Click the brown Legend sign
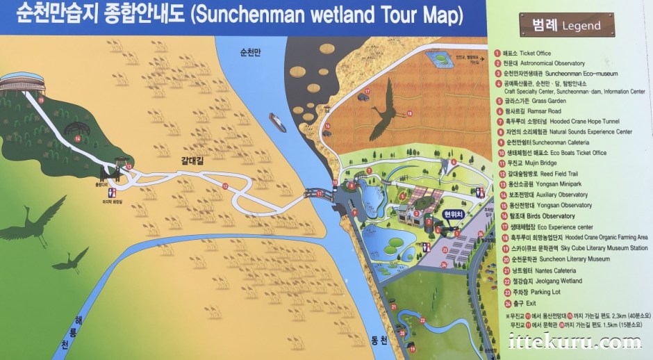tap(567, 25)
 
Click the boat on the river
tap(277, 122)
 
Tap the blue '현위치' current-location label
tap(452, 213)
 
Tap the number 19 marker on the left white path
tap(41, 101)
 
